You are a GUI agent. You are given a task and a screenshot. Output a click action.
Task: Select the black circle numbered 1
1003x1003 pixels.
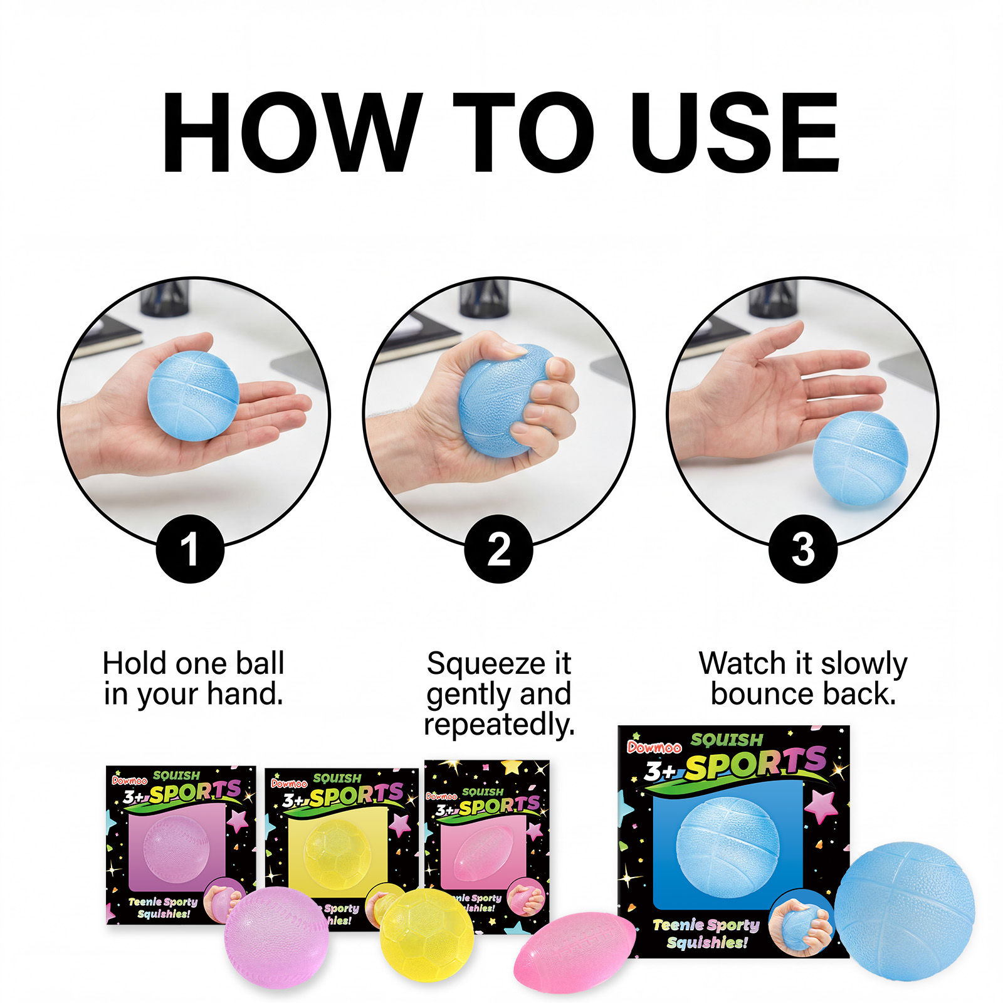[190, 549]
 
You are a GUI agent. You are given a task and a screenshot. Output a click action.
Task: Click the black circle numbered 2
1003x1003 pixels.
[498, 549]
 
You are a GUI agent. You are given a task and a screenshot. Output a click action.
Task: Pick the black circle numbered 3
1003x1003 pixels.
[803, 549]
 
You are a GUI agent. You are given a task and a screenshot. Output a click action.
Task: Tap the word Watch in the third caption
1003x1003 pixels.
[743, 663]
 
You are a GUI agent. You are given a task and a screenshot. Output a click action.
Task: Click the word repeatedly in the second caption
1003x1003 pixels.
[499, 725]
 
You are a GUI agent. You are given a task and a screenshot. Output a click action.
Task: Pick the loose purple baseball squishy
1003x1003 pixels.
[276, 937]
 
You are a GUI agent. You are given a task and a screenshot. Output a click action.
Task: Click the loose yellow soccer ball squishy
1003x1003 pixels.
[426, 935]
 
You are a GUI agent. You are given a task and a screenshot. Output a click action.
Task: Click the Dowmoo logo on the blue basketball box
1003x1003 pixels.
[654, 747]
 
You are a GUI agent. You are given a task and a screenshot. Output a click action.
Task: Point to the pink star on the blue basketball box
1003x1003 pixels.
[822, 805]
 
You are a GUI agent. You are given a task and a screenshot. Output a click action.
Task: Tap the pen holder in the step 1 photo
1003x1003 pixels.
[164, 298]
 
